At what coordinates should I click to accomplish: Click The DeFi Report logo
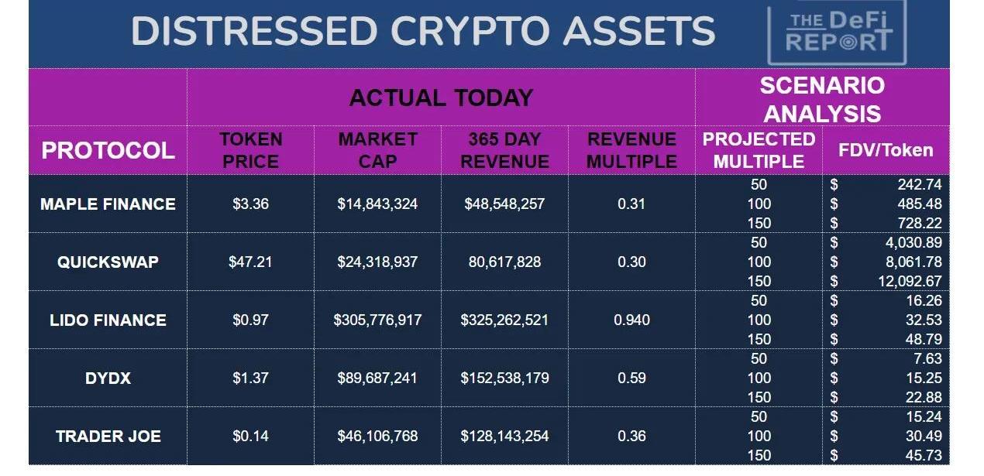coord(838,33)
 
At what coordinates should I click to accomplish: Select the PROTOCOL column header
coord(108,150)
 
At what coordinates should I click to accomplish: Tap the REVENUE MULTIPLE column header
coord(631,150)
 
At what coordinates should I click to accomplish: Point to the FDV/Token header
coord(886,150)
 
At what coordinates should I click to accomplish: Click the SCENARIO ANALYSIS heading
coord(822,99)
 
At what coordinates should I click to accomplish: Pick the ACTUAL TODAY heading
coord(441,98)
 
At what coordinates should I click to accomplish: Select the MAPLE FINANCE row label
coord(108,204)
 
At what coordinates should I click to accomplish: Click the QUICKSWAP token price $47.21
coord(250,262)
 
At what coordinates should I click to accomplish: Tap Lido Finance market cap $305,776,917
coord(377,320)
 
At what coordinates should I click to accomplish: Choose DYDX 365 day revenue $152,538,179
coord(504,378)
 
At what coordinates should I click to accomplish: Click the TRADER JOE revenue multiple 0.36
coord(631,436)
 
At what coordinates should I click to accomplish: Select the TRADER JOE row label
coord(108,436)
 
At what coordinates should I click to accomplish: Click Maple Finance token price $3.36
coord(250,204)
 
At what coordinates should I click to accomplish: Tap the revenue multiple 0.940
coord(631,320)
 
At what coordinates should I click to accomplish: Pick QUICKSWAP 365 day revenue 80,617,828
coord(504,262)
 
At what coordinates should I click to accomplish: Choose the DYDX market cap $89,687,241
coord(377,378)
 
